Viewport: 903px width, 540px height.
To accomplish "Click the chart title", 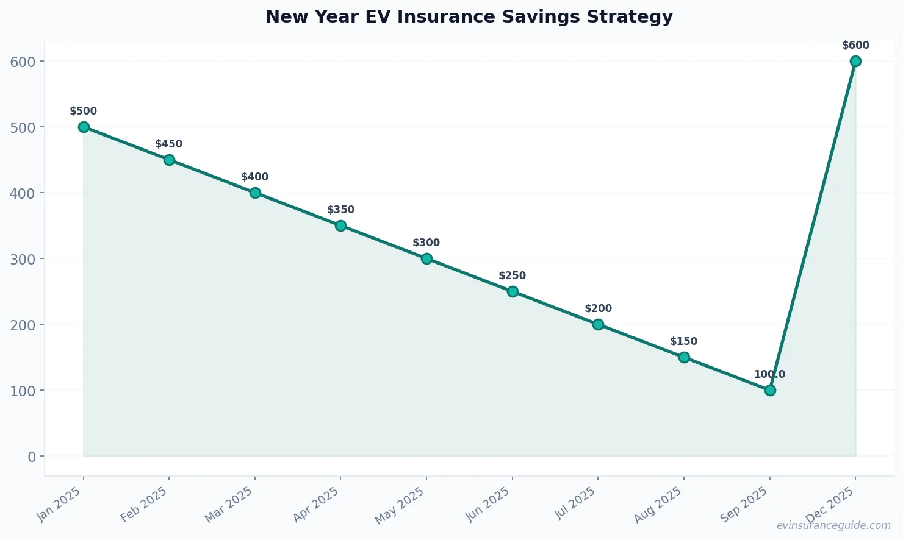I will [x=469, y=16].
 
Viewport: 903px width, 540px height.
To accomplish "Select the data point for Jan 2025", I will [x=84, y=127].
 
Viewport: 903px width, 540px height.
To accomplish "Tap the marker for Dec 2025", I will [x=855, y=61].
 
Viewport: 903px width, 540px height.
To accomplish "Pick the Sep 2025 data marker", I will [x=770, y=390].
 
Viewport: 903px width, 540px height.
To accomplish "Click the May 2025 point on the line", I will [x=426, y=258].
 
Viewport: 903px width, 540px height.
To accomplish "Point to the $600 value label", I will [x=855, y=45].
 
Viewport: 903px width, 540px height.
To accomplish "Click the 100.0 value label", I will [x=769, y=374].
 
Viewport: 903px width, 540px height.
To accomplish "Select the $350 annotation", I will [x=340, y=210].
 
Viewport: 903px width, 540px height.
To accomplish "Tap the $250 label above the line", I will [x=512, y=275].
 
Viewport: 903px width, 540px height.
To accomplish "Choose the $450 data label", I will [x=168, y=144].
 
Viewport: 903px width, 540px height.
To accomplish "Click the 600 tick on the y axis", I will [x=23, y=61].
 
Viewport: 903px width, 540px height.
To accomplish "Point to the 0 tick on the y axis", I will [x=32, y=456].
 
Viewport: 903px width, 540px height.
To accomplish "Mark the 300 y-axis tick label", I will [x=23, y=258].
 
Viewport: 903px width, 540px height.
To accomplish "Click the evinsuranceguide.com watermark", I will [x=833, y=525].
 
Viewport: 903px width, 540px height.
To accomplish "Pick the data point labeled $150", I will [x=684, y=357].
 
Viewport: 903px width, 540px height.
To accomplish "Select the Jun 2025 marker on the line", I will [x=513, y=291].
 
